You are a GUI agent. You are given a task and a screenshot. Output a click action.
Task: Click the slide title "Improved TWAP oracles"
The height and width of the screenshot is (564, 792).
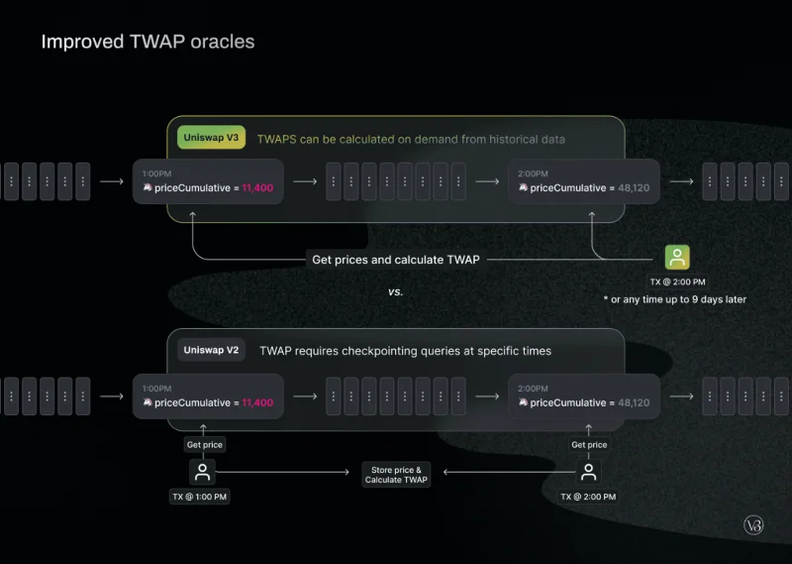point(148,42)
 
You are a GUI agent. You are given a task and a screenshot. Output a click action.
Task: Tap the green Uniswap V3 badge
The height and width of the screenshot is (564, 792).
point(211,138)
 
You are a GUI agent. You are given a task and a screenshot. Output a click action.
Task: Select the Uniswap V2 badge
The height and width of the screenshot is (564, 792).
point(211,350)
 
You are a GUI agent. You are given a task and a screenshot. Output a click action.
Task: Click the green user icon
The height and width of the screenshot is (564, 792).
point(677,258)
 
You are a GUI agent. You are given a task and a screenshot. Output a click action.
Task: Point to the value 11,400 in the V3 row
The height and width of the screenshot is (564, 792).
point(257,187)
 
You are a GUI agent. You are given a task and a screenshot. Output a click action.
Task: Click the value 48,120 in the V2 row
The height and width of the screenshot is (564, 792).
point(634,402)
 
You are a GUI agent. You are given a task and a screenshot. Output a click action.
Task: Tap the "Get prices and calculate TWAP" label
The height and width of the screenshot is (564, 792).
point(396,260)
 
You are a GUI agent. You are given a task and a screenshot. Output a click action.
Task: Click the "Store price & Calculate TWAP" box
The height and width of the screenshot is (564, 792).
point(396,475)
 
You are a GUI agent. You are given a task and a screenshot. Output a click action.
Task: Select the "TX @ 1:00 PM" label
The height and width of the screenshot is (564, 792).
point(200,497)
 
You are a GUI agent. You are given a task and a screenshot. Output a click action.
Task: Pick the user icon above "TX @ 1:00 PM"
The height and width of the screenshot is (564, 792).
point(203,472)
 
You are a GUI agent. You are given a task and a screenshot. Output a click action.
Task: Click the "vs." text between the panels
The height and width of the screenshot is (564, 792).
point(395,291)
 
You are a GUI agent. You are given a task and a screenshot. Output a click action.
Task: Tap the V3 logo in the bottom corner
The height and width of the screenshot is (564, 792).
point(753,525)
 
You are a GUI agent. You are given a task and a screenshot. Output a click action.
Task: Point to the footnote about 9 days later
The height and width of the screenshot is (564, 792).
point(675,299)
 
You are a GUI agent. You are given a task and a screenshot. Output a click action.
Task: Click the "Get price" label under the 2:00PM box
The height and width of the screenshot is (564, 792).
point(589,445)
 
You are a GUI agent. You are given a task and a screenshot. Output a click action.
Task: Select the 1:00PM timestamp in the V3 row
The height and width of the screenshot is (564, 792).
point(156,173)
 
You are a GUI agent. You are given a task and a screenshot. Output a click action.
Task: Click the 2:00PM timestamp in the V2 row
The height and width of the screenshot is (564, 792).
point(533,389)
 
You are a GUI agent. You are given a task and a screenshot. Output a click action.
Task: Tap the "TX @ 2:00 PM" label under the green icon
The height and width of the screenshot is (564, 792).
point(677,282)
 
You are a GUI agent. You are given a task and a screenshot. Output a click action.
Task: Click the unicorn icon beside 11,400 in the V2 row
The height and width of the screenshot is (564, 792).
point(148,402)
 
